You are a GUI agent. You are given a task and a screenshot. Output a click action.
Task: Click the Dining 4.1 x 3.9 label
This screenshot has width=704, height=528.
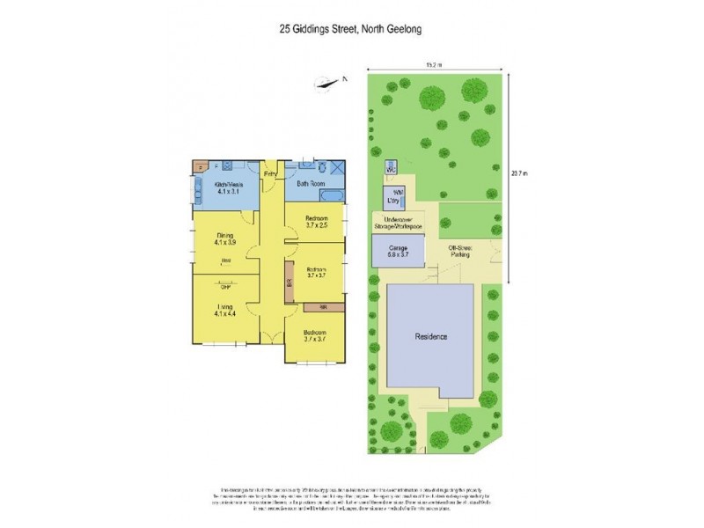point(224,238)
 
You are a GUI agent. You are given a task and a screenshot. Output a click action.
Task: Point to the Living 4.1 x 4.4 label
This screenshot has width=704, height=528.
point(224,309)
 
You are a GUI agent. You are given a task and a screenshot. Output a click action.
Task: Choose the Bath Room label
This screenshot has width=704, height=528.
point(311,185)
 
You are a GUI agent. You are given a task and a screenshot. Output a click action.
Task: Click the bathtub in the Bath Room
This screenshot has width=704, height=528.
point(306,196)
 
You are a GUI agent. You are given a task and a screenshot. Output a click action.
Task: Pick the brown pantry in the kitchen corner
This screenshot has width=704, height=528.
point(202,165)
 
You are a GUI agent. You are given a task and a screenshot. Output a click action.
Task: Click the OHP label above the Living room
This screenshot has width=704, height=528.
point(225,286)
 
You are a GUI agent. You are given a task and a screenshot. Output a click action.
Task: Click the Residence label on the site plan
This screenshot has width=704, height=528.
point(432,337)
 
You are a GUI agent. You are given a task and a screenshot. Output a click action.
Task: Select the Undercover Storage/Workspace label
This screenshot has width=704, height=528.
point(399,224)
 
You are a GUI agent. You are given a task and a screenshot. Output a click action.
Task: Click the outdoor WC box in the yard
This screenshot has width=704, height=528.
point(389,167)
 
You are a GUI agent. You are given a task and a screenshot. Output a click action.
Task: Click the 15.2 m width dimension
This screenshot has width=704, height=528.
point(432,64)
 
